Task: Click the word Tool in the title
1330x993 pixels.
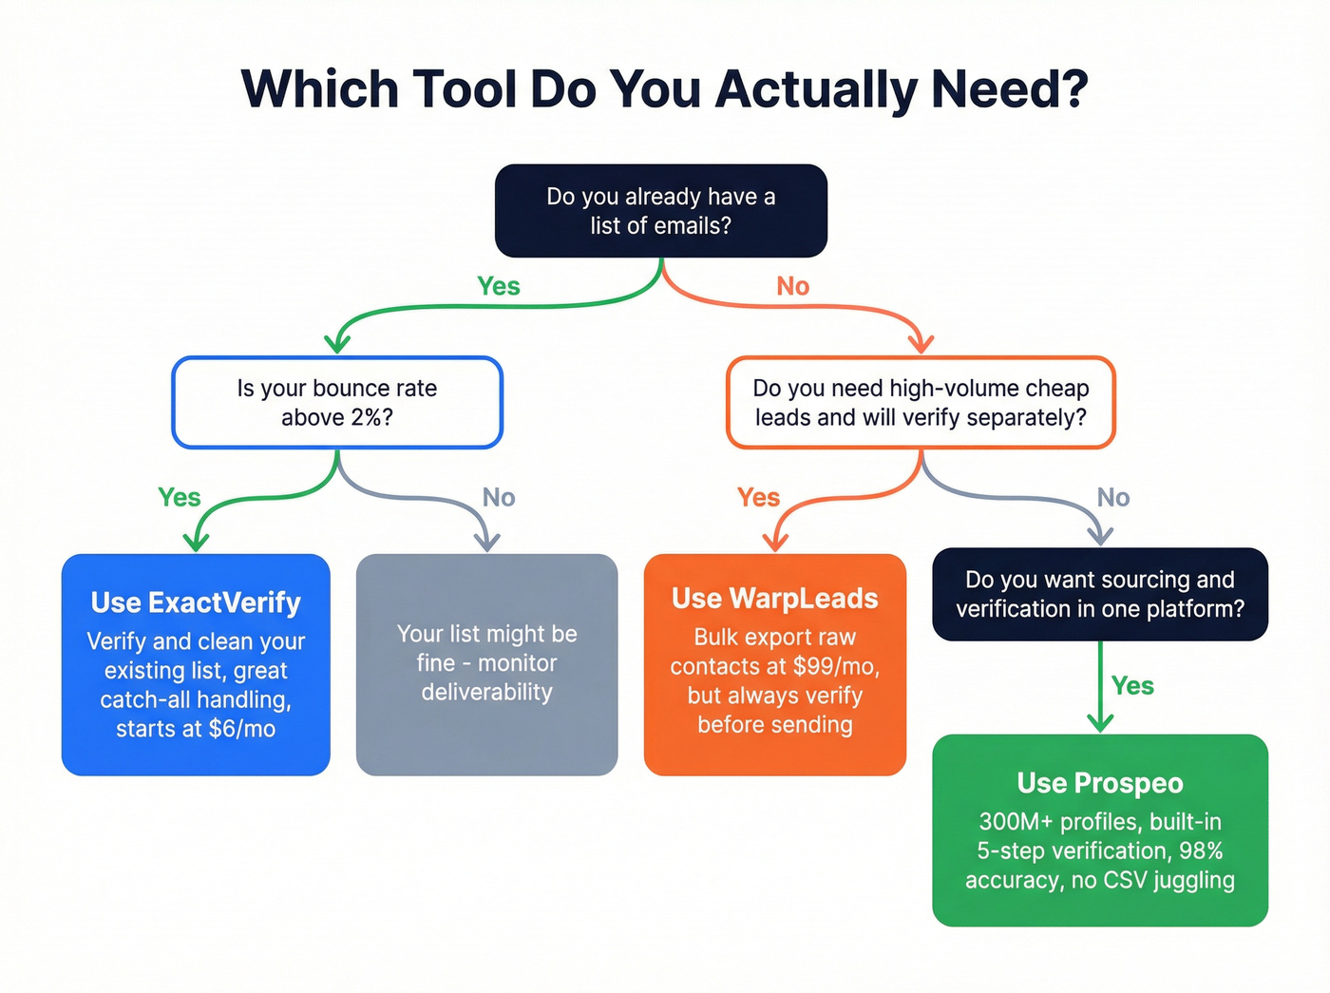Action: click(464, 89)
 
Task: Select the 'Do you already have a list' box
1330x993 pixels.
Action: click(660, 211)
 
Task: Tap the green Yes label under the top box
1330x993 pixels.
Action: click(498, 286)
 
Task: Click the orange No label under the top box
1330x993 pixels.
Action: click(792, 286)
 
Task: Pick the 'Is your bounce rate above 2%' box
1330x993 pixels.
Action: click(336, 403)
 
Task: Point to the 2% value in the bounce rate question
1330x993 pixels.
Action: click(364, 418)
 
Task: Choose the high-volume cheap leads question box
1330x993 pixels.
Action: click(920, 403)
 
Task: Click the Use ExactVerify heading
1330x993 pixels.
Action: click(196, 602)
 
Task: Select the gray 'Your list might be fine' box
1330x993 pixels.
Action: click(486, 663)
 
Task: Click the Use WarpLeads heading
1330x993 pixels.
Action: click(774, 599)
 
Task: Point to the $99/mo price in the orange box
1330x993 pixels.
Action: click(836, 666)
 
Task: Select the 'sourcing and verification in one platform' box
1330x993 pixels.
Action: click(1099, 594)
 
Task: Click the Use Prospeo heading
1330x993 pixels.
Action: click(1099, 783)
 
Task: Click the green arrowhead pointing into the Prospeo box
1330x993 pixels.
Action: click(1099, 723)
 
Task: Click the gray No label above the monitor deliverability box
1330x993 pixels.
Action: click(498, 497)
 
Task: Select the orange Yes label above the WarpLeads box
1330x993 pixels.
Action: click(757, 497)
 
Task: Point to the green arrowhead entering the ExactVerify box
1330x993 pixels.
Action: click(196, 543)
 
